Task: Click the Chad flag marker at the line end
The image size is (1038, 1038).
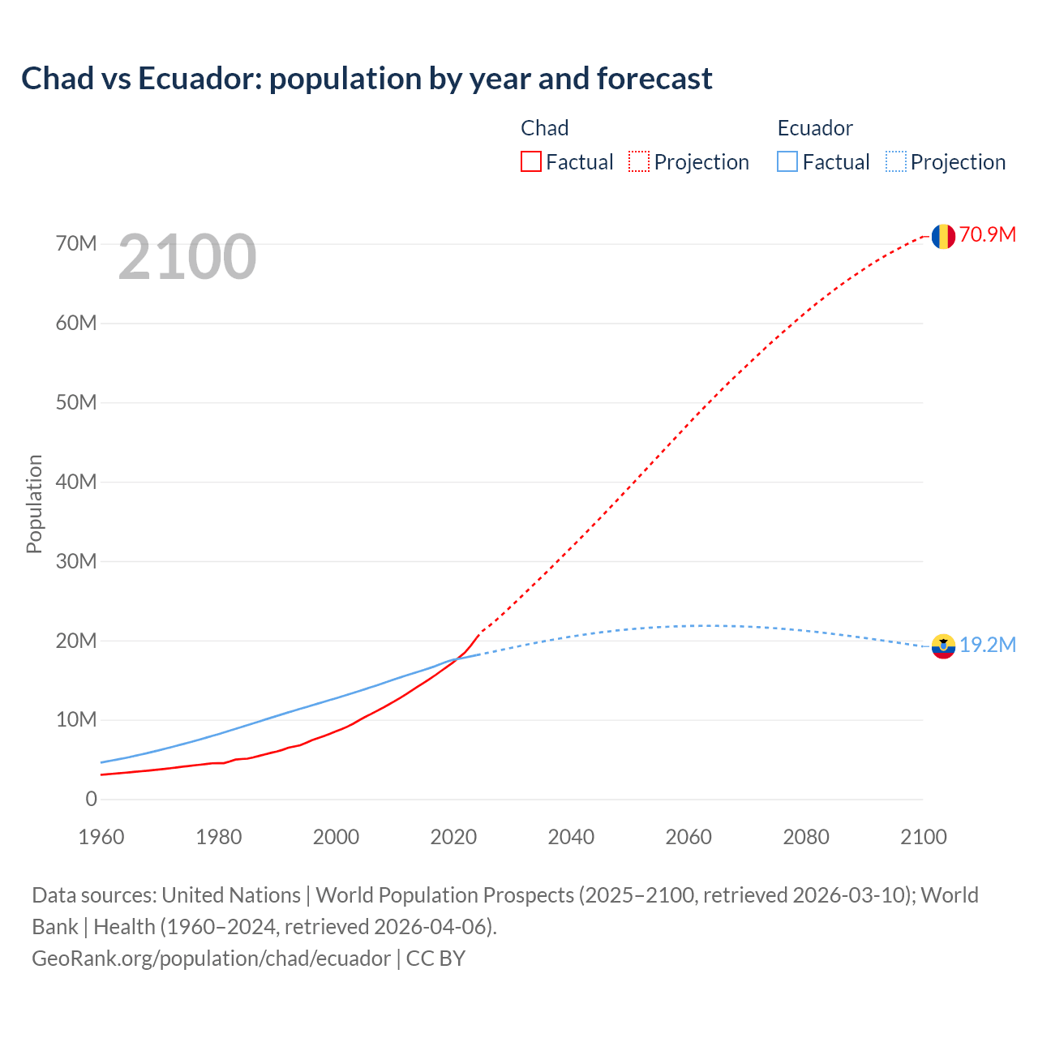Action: coord(942,236)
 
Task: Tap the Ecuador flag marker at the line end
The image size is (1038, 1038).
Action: coord(942,646)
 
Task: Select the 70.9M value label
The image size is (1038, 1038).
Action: coord(988,235)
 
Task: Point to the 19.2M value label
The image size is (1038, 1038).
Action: coord(988,646)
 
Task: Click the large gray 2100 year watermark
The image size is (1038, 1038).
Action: coord(187,257)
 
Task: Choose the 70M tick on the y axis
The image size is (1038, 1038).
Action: coord(76,244)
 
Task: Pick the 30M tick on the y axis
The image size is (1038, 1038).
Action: coord(76,561)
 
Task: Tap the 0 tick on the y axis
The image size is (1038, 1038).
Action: coord(91,800)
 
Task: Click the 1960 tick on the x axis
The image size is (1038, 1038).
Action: coord(101,837)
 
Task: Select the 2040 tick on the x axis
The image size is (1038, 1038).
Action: coord(571,837)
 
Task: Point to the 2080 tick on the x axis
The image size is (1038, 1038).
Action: coord(806,837)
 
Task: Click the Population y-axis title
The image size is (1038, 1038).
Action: coord(34,504)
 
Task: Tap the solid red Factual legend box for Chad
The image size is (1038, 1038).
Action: coord(531,162)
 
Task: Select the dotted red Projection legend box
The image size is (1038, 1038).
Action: coord(639,162)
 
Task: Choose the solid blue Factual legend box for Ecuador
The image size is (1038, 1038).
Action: coord(787,162)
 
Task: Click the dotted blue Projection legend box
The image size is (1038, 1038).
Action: coord(896,162)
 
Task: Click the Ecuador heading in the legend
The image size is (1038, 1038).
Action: coord(815,128)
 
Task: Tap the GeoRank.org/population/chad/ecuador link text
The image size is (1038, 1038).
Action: coord(211,959)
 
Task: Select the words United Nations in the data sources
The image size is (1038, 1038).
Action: coord(231,895)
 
